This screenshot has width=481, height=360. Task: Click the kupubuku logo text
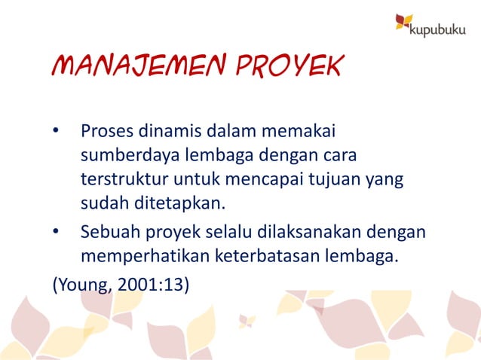coord(440,29)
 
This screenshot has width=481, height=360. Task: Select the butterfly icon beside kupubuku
coord(404,23)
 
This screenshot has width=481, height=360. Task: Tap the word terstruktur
coord(121,180)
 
